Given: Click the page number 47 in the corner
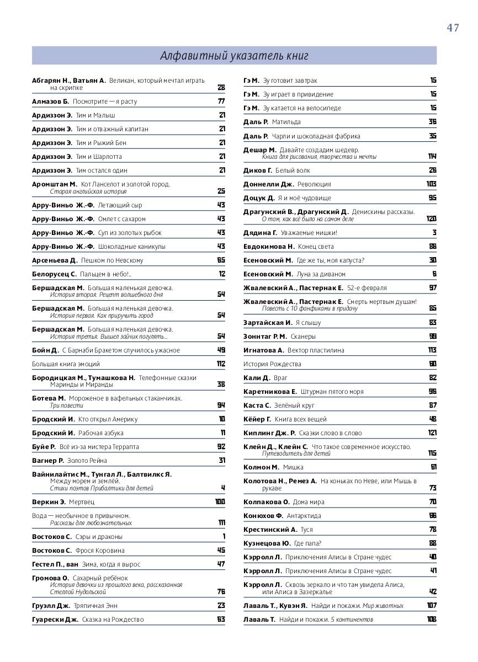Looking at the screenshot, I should tap(453, 28).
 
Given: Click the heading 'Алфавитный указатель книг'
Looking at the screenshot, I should tap(234, 56).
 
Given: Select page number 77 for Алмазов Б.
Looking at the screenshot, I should tap(221, 102).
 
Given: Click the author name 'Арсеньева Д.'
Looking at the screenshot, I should tap(55, 260).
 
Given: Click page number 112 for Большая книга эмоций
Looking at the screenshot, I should tap(221, 364).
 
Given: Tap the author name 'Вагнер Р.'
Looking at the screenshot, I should tap(48, 461).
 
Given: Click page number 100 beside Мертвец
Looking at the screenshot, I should tap(220, 502).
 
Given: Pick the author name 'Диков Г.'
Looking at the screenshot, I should tap(258, 170).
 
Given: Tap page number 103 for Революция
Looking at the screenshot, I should tap(431, 184).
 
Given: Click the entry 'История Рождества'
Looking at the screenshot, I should tap(272, 364).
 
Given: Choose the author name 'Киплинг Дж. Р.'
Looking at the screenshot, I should tap(269, 433).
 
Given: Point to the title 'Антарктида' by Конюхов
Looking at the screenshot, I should tap(304, 516).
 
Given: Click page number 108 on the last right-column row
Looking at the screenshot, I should tap(432, 620).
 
